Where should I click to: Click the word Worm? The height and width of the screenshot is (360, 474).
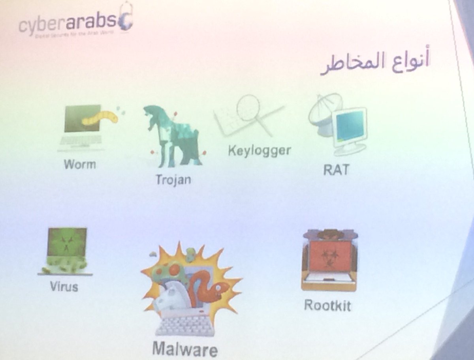(80, 163)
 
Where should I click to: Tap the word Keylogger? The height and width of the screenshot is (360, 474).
(259, 150)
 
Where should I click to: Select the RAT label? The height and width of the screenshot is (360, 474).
(336, 170)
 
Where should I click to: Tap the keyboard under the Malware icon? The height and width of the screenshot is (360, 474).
(186, 326)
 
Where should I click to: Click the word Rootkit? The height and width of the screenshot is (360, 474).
(327, 305)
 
